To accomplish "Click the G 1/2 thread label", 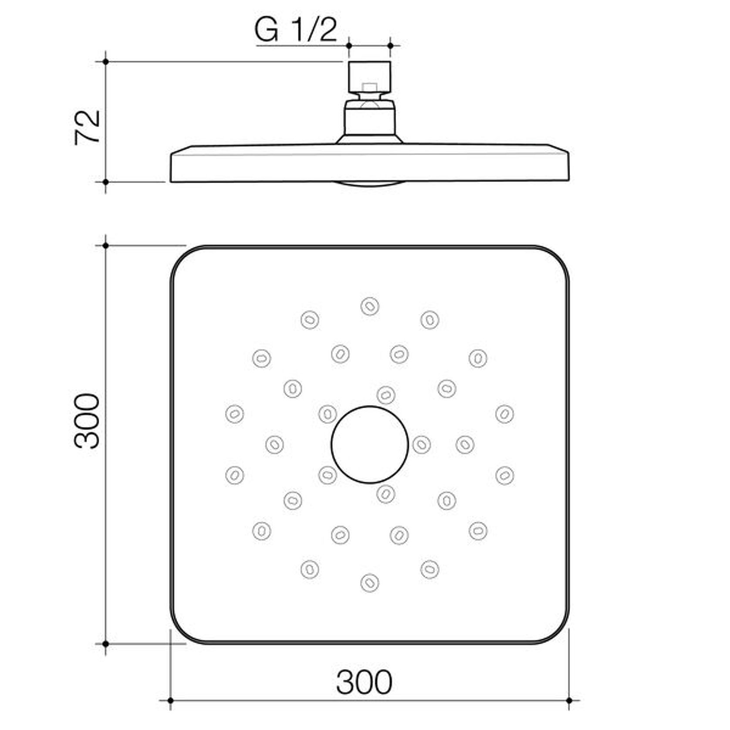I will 296,30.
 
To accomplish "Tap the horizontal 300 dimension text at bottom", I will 364,682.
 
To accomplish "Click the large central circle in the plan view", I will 369,445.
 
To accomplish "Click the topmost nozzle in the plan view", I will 369,306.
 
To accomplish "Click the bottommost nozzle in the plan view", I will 369,583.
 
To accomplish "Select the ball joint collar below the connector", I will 369,118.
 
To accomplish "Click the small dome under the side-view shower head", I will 369,183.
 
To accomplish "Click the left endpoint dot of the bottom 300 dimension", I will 170,700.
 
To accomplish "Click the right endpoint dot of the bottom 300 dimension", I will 569,700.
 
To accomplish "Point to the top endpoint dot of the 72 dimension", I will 105,62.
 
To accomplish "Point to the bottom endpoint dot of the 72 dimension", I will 105,182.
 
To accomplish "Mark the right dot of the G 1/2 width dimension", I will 390,45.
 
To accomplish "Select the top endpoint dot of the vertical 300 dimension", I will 105,246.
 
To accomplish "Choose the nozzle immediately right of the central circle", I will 421,445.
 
